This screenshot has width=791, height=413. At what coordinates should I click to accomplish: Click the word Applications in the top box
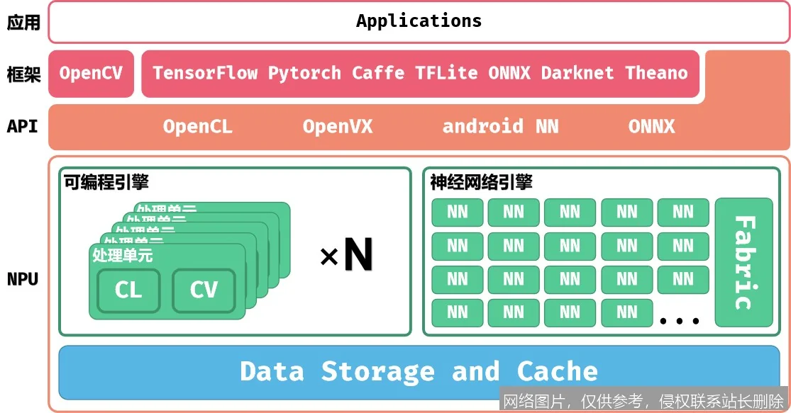coord(419,21)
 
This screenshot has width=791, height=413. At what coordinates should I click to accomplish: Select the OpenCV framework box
coord(91,73)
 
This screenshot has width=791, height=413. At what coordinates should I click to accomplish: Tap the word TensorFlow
coord(205,73)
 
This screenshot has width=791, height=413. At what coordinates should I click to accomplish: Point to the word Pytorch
coord(304,73)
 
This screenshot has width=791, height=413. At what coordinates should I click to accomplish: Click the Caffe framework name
coord(378,73)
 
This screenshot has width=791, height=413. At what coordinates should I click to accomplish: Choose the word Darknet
coord(577,73)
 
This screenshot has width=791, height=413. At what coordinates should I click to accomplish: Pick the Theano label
coord(656,73)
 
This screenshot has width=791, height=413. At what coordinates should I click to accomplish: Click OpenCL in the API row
coord(197,127)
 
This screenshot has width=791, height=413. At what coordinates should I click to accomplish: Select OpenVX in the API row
coord(337,127)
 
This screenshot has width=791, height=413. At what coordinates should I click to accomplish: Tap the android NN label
coord(500,127)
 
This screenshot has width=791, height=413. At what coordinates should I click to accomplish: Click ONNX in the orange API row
coord(651,127)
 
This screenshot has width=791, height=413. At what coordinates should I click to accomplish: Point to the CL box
coord(128,290)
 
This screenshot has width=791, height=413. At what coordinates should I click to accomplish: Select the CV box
coord(204,290)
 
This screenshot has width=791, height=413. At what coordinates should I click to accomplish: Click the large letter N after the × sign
coord(358,256)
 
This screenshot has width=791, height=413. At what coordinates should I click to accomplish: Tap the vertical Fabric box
coord(743,263)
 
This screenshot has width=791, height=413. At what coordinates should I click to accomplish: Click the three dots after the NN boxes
coord(680,321)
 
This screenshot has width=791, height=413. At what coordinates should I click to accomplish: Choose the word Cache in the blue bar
coord(557,371)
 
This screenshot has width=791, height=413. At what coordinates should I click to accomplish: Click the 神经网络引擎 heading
coord(481,183)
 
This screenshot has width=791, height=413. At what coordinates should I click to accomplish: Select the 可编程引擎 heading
coord(106,183)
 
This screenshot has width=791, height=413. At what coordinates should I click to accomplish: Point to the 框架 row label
coord(23,74)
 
